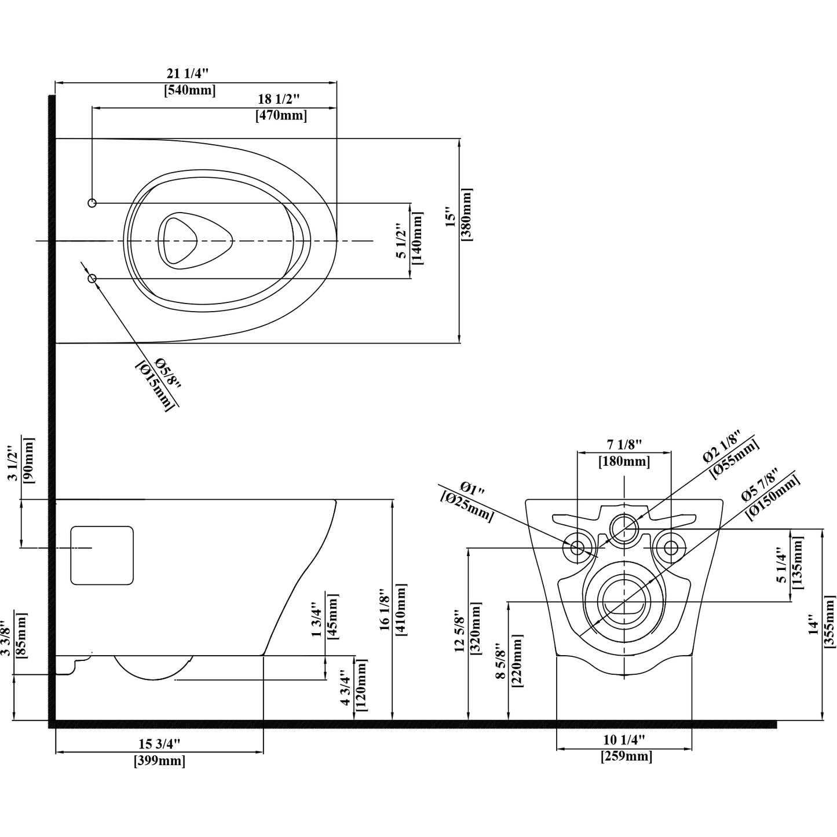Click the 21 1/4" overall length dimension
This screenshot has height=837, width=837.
[x=187, y=74]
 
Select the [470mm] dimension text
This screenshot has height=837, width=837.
[x=281, y=115]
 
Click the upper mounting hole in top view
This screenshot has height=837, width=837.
[x=92, y=203]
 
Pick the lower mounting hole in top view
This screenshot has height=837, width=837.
[x=92, y=279]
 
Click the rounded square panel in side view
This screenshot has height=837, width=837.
[x=102, y=555]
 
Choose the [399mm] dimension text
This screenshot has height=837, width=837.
[x=159, y=761]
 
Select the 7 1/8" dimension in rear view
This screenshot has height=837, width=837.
[x=624, y=445]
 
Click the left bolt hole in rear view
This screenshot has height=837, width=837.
[x=578, y=547]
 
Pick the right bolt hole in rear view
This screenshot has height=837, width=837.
[x=671, y=547]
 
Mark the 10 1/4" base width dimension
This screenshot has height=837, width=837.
[x=624, y=740]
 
